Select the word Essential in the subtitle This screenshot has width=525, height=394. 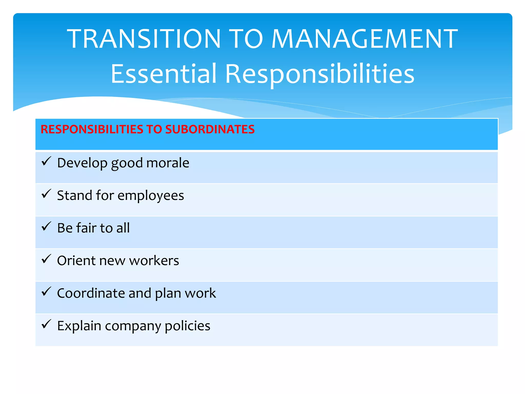click(x=164, y=74)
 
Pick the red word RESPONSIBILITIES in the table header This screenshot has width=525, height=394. click(x=92, y=129)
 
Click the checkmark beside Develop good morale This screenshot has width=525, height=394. click(x=46, y=161)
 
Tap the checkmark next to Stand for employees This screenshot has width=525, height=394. click(x=46, y=194)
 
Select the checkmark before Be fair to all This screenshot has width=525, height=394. click(x=46, y=226)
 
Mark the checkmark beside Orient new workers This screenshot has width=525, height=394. click(x=46, y=259)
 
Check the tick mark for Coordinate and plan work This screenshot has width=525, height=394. click(x=46, y=292)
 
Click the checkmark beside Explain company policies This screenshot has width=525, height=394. click(x=46, y=324)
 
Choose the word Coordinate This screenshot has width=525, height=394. click(x=91, y=293)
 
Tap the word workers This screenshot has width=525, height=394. click(x=154, y=261)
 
